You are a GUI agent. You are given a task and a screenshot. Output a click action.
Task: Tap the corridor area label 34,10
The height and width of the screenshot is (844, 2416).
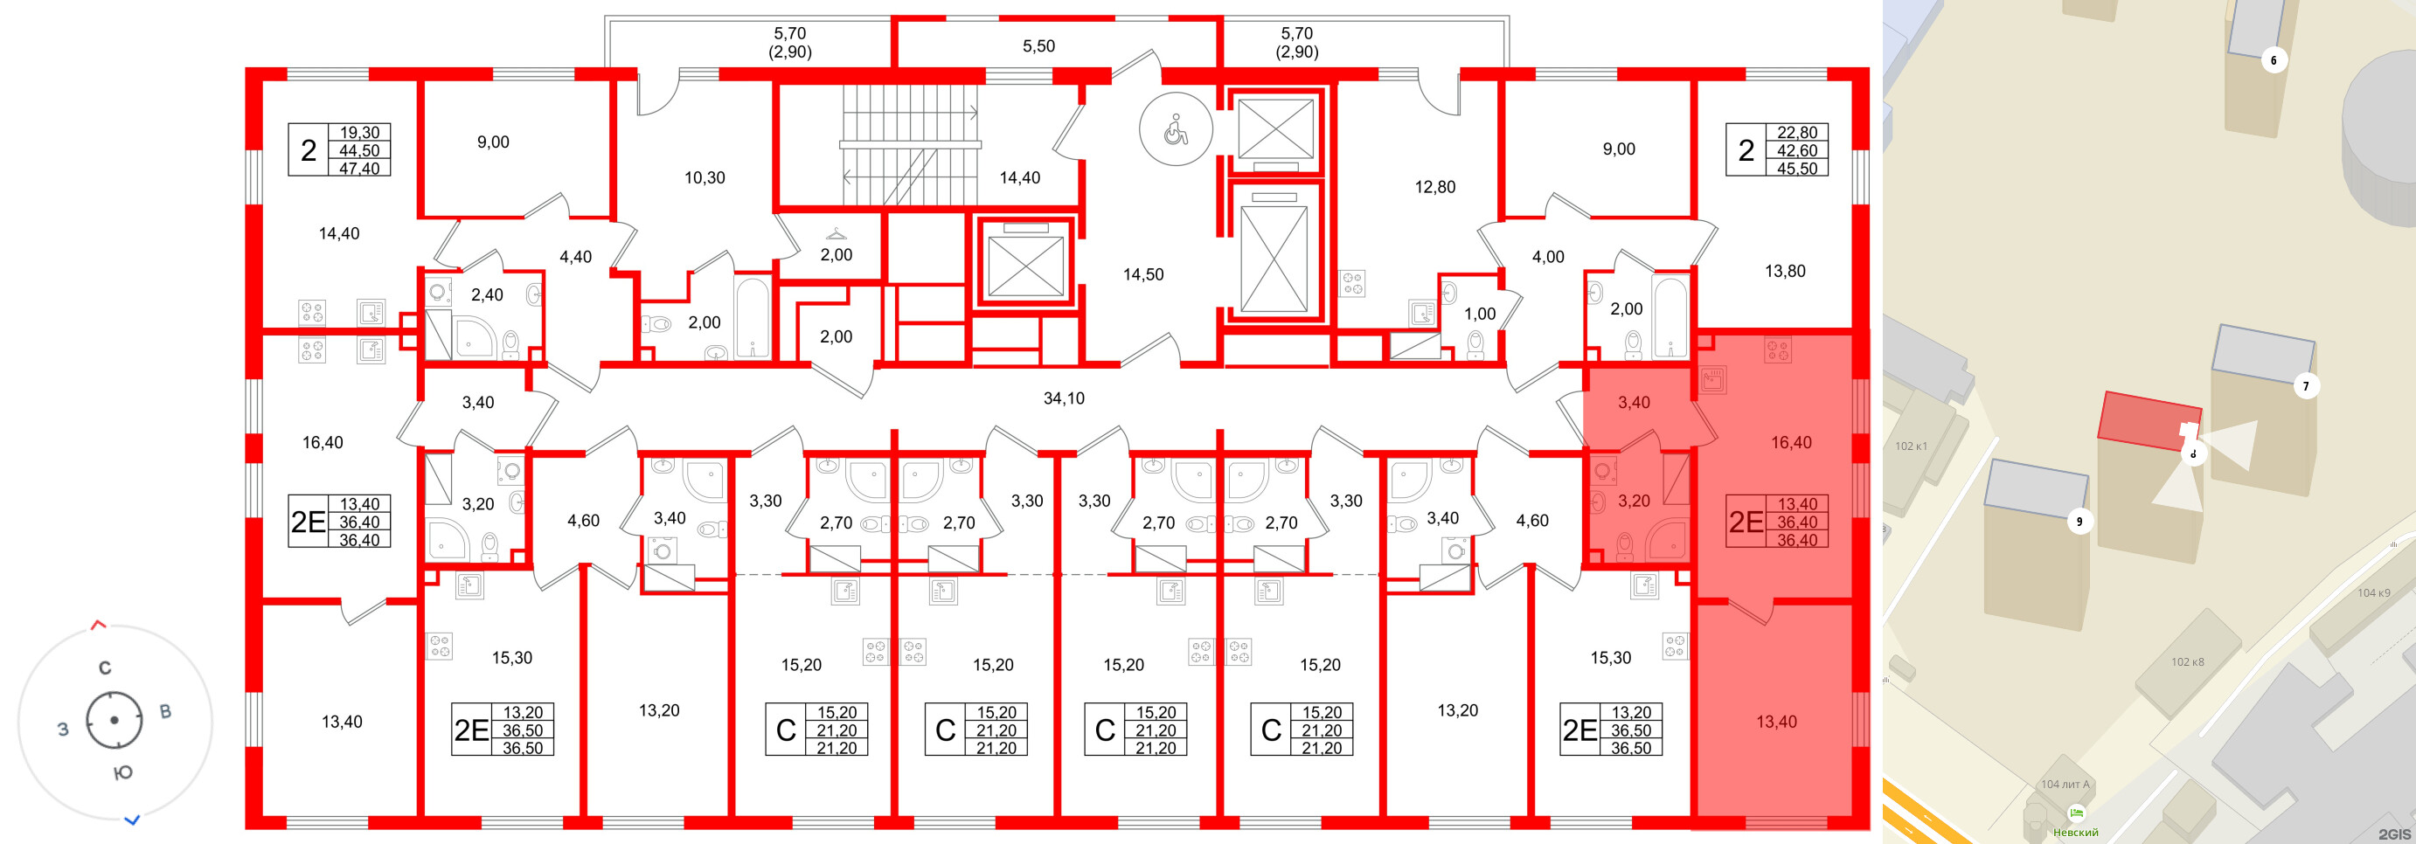1064,398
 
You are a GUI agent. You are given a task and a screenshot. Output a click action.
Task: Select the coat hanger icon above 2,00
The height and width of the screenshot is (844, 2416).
836,233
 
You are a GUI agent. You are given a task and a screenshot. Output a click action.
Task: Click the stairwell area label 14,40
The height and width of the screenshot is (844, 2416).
1018,177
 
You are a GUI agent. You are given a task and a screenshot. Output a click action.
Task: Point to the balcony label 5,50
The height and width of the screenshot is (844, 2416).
1038,46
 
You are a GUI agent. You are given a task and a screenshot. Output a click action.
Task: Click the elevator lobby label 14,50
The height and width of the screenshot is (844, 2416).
1142,274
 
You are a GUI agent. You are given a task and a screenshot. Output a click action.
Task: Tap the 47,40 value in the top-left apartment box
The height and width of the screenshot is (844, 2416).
359,169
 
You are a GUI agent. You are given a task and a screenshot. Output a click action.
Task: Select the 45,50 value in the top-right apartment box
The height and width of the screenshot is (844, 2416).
1796,169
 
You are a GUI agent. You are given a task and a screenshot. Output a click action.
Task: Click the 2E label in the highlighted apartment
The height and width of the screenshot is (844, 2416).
1746,522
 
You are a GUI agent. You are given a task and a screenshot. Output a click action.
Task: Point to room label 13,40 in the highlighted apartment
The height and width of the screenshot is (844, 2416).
1776,721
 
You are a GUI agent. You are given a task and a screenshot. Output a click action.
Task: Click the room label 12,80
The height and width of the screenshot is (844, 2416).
1434,187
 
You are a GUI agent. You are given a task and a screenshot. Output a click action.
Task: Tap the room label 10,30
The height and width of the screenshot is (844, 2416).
705,177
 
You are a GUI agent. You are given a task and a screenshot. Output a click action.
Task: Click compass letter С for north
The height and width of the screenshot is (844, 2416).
105,668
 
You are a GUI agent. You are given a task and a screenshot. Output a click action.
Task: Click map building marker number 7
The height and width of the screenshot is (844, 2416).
2305,385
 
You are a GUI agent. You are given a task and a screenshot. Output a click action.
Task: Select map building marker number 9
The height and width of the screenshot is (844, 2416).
2079,522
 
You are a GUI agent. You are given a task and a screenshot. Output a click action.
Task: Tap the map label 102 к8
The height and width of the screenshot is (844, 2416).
2187,662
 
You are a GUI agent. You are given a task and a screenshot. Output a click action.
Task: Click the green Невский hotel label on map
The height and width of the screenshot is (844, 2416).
2076,832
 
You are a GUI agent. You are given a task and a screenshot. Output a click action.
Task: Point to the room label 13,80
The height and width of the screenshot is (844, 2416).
1784,271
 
